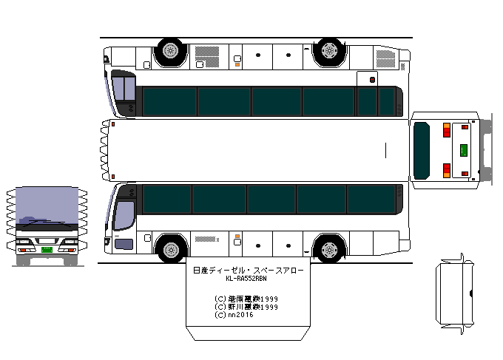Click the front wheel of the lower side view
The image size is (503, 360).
click(172, 248)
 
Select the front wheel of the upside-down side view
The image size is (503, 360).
click(171, 51)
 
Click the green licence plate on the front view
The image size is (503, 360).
click(47, 250)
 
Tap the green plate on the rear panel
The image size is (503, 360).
click(464, 150)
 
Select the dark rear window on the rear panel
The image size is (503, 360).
click(422, 150)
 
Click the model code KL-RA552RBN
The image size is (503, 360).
click(246, 279)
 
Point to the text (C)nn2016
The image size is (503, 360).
click(234, 315)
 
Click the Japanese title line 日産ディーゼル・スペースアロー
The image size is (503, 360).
click(246, 271)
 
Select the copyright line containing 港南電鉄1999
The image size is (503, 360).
click(246, 299)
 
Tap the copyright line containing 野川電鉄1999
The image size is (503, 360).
click(246, 307)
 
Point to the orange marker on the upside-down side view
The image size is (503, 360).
click(237, 64)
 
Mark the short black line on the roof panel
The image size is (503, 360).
click(385, 150)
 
